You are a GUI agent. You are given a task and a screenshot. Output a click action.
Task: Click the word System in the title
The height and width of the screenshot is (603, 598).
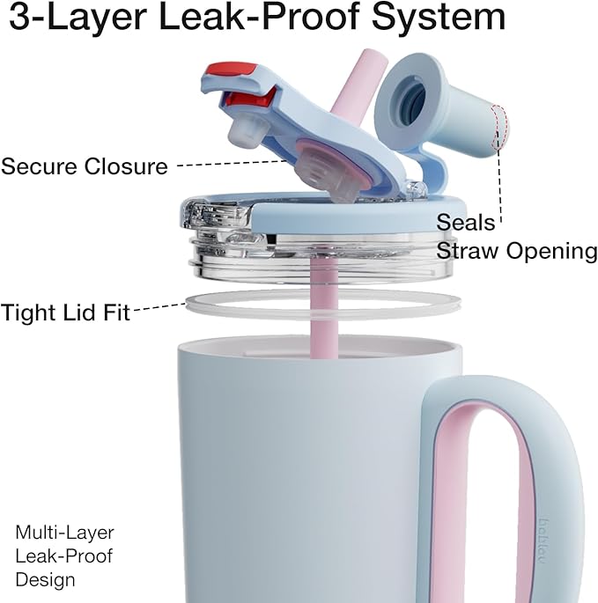coord(438,18)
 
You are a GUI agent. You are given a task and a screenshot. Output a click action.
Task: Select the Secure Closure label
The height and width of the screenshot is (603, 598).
coord(85,166)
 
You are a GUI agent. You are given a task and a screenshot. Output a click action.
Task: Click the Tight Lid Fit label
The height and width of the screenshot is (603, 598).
coord(65,312)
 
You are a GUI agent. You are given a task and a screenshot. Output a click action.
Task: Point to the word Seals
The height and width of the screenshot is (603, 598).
coord(466,223)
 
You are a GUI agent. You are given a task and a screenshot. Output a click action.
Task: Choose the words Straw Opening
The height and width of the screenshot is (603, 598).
coord(517,251)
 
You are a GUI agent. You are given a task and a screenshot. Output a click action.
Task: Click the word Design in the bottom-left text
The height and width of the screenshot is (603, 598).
coord(45,580)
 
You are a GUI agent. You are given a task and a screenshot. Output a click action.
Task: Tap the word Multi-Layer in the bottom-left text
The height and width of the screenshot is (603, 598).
coord(64,533)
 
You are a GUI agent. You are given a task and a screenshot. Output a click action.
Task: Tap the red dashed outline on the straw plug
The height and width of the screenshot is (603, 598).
coord(499,126)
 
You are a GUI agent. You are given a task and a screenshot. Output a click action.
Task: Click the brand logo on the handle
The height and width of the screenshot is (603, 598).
coord(543,540)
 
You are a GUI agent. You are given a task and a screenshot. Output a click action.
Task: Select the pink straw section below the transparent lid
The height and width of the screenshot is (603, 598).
coord(324,307)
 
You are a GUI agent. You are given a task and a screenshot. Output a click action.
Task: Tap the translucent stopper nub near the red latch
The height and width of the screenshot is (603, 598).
coord(247,131)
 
